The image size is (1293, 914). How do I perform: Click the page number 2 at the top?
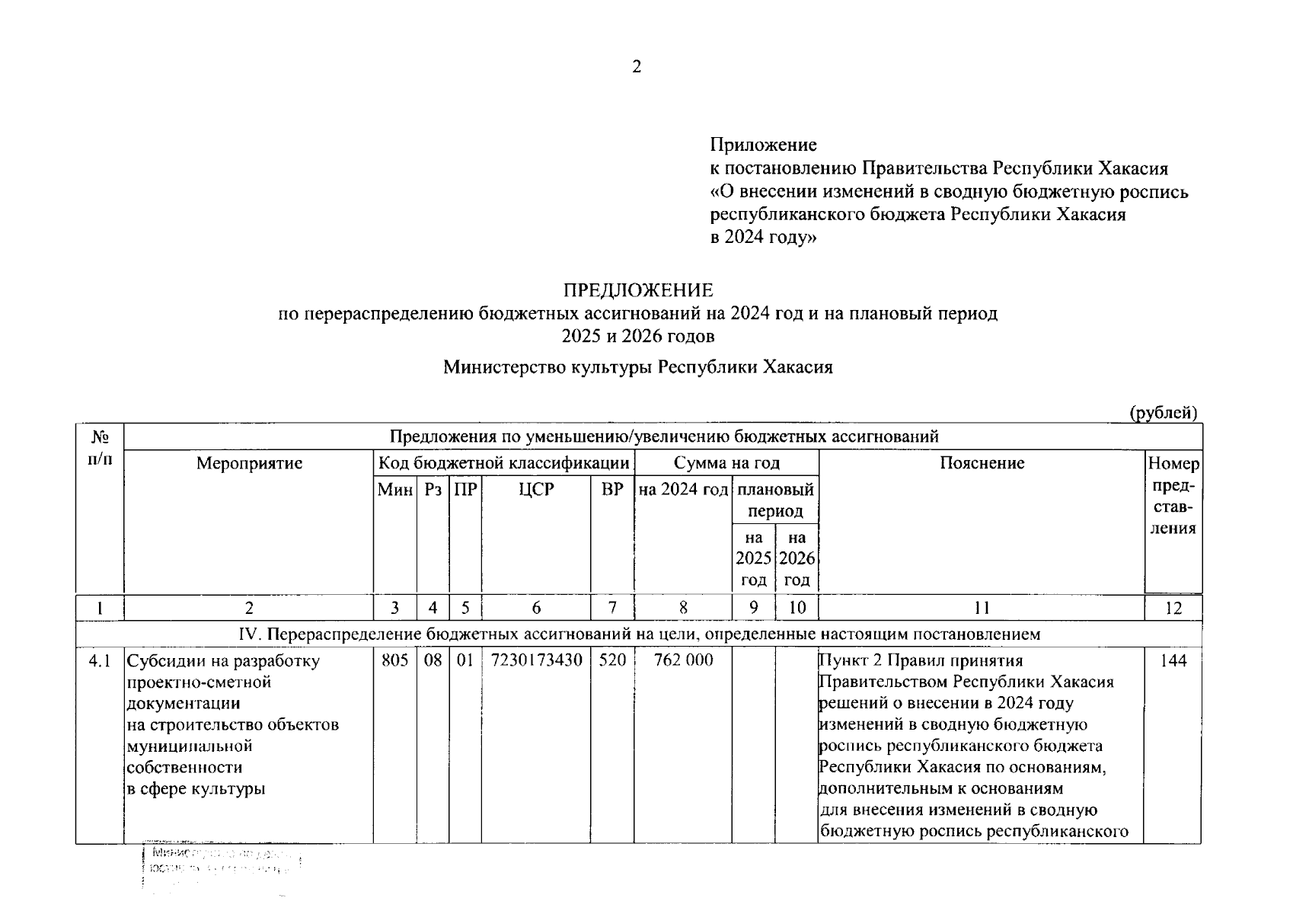click(637, 67)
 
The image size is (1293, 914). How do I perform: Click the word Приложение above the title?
click(763, 145)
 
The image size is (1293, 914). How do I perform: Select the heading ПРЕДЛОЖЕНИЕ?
click(638, 290)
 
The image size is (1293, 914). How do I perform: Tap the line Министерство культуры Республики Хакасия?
click(638, 368)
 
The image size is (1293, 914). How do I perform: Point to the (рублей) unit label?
click(1163, 413)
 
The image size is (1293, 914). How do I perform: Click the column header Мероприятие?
click(249, 463)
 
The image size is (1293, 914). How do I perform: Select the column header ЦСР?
click(536, 490)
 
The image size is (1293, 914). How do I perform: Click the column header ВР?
click(612, 490)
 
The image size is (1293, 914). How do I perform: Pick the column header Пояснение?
click(982, 463)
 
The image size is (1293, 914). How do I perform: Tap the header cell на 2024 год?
click(683, 490)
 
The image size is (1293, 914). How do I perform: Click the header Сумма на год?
click(726, 463)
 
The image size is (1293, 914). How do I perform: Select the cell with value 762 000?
click(683, 660)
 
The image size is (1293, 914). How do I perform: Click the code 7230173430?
click(536, 660)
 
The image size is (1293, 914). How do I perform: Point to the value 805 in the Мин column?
click(394, 660)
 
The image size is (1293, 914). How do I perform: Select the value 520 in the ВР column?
click(612, 660)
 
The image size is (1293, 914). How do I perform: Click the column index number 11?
click(982, 608)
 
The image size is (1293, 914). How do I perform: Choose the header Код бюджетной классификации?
click(504, 463)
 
